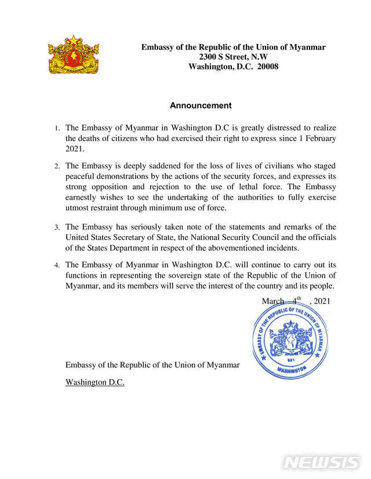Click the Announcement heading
point(201,106)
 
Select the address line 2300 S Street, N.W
point(233,57)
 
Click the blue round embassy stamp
point(290,341)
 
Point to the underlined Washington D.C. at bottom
point(95,382)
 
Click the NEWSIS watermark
point(322,463)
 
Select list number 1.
point(57,128)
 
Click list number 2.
point(57,166)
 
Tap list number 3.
point(57,227)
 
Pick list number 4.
point(57,265)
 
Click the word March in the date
point(273,301)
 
